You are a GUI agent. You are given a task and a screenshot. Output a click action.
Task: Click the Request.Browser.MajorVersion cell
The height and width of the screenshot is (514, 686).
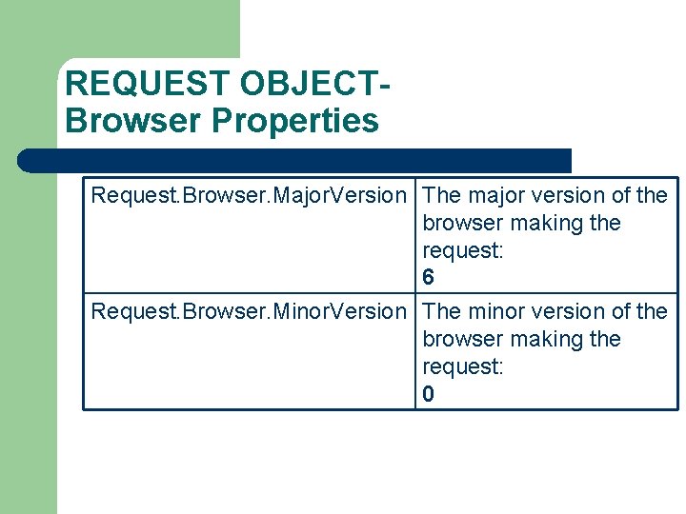(x=248, y=196)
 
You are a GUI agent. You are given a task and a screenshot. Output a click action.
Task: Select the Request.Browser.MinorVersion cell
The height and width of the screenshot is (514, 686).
(x=248, y=312)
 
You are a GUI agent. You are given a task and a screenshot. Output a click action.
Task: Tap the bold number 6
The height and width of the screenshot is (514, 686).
(x=429, y=278)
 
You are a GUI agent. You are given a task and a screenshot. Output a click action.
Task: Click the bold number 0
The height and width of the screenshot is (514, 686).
(x=429, y=394)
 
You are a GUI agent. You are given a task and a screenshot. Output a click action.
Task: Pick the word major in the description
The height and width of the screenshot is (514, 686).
(x=495, y=196)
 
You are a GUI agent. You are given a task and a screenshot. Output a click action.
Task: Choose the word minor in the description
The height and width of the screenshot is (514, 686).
(x=495, y=312)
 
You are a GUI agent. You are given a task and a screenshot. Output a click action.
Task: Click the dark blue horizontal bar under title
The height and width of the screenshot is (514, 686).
(x=295, y=160)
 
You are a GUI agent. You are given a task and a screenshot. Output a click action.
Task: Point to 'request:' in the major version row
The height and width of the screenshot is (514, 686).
(x=463, y=250)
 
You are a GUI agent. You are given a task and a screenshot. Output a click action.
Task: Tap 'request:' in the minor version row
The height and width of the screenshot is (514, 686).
(x=463, y=366)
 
